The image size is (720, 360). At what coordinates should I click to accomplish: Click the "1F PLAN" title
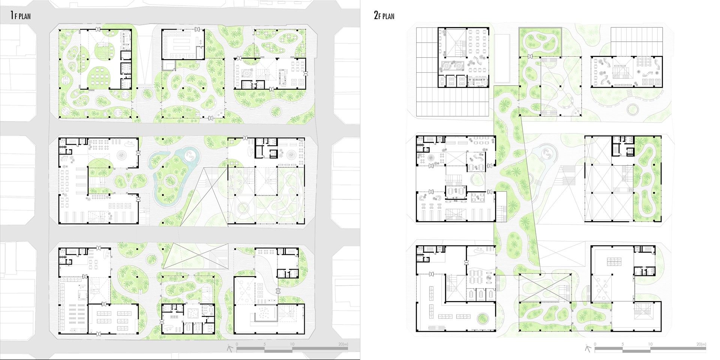21,15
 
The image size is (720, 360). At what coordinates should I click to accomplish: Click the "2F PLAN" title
384,15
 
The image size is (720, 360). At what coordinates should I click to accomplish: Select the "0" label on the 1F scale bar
237,344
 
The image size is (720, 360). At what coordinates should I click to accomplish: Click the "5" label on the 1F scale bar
265,344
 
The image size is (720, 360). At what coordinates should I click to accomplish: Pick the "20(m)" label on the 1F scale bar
343,344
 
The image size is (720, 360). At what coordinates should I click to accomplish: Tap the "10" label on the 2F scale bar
650,344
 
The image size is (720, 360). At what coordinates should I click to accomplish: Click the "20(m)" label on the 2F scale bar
701,344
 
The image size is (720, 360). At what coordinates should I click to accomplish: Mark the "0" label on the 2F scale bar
595,344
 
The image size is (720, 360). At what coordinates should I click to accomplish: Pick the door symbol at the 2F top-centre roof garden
530,57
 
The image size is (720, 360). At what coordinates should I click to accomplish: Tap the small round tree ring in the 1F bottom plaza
151,258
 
